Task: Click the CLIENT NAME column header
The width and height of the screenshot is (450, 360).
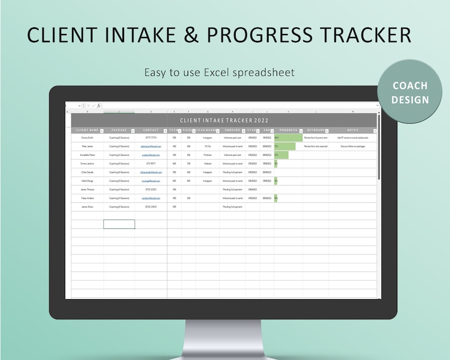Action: click(87, 130)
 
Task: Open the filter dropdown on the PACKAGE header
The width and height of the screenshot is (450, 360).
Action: click(133, 131)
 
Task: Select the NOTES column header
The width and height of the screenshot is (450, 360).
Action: click(352, 130)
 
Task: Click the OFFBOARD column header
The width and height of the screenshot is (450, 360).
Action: click(315, 130)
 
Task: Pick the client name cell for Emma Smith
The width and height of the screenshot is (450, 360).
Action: click(87, 138)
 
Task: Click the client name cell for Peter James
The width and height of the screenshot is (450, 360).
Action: click(87, 146)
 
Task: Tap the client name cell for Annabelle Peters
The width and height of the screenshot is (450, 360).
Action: click(87, 155)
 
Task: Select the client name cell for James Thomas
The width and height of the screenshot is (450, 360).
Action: click(87, 189)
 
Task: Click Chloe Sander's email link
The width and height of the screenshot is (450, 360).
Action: click(151, 172)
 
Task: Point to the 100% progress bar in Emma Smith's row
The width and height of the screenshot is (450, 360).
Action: click(288, 138)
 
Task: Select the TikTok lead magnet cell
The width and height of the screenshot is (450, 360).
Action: click(207, 146)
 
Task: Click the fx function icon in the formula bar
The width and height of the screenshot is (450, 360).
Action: click(98, 105)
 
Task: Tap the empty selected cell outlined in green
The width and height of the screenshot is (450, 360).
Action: click(119, 224)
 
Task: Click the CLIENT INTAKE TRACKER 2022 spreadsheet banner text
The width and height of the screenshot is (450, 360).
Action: click(224, 120)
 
